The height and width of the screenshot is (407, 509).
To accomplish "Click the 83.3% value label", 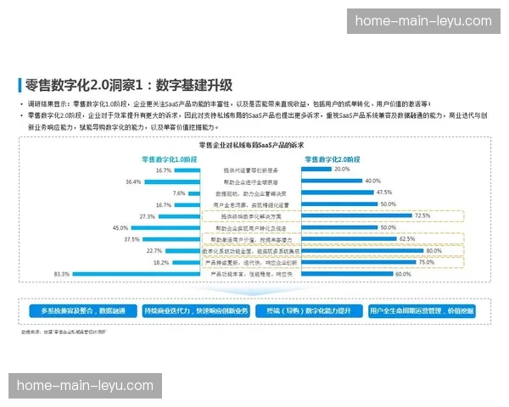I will pyautogui.click(x=61, y=274).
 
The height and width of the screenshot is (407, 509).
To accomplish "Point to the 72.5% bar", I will pyautogui.click(x=357, y=216).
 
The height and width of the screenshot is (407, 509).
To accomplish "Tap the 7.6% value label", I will pyautogui.click(x=179, y=192).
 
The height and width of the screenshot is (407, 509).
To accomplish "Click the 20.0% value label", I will pyautogui.click(x=342, y=169).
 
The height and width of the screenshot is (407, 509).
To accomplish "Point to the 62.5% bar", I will pyautogui.click(x=348, y=239).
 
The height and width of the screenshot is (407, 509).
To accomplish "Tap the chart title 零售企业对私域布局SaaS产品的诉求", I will pyautogui.click(x=255, y=145).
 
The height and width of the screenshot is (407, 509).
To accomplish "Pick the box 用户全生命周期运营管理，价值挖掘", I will pyautogui.click(x=422, y=311).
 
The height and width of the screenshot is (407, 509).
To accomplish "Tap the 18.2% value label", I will pyautogui.click(x=160, y=263).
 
